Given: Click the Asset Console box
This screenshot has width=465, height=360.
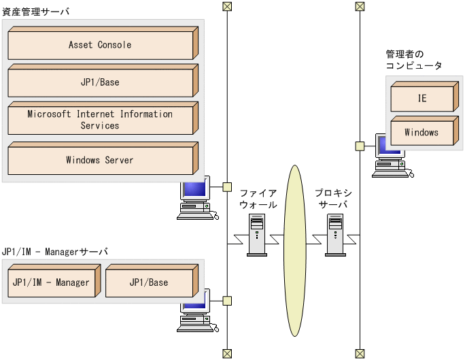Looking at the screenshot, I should pyautogui.click(x=100, y=45).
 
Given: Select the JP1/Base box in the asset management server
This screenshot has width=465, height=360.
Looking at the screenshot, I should pyautogui.click(x=100, y=82).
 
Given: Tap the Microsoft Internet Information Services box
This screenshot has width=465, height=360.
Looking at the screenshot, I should pyautogui.click(x=100, y=120).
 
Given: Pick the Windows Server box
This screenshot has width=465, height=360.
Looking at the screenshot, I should pyautogui.click(x=100, y=161).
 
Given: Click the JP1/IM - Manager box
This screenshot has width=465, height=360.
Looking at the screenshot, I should pyautogui.click(x=51, y=282).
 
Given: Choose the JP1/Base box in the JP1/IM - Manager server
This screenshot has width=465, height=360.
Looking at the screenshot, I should pyautogui.click(x=149, y=282).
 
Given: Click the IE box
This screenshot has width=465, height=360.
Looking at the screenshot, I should pyautogui.click(x=422, y=98).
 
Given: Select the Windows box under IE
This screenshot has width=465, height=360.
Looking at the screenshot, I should pyautogui.click(x=421, y=132).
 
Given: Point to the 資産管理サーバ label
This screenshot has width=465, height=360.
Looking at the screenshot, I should pyautogui.click(x=35, y=12).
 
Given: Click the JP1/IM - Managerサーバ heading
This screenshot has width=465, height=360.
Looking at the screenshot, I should pyautogui.click(x=55, y=251).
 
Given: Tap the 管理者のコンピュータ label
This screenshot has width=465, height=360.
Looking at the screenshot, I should pyautogui.click(x=414, y=60).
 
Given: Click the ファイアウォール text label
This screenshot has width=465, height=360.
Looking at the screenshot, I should pyautogui.click(x=258, y=199).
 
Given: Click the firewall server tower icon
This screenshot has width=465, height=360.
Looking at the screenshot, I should pyautogui.click(x=257, y=235).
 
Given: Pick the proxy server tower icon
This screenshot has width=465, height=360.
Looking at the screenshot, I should pyautogui.click(x=335, y=235).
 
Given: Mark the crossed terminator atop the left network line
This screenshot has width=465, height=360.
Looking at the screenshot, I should pyautogui.click(x=227, y=7).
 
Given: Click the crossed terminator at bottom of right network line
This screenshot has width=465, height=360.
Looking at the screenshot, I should pyautogui.click(x=360, y=353).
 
